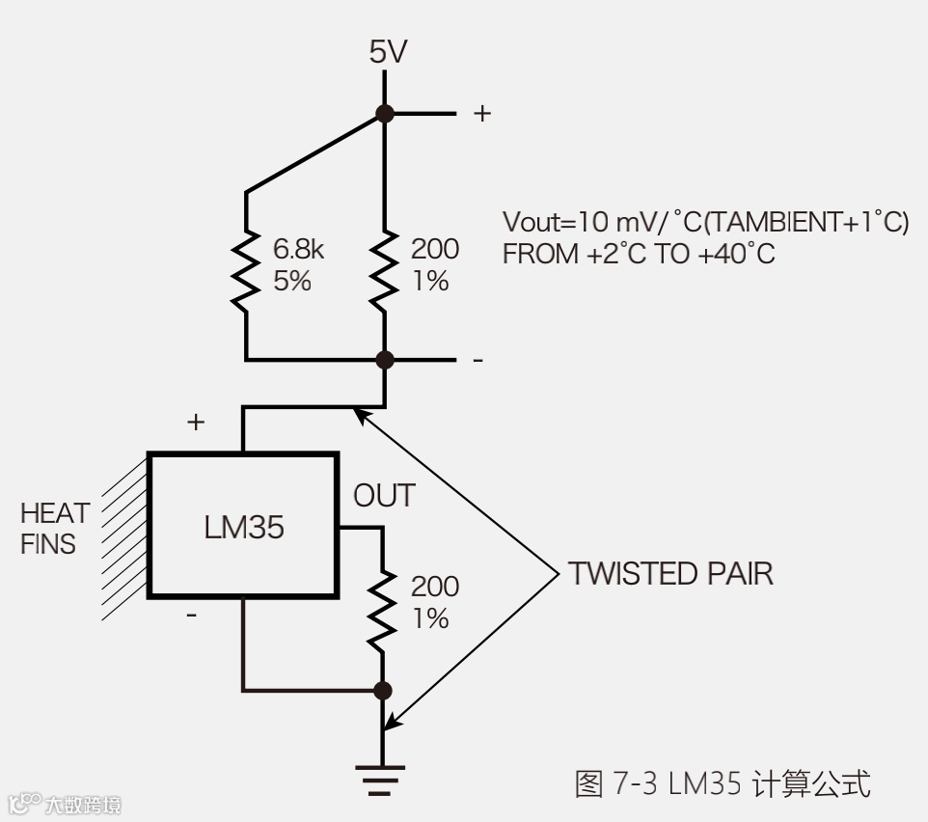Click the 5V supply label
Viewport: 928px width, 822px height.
click(x=388, y=52)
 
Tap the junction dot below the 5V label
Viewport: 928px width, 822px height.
click(x=385, y=114)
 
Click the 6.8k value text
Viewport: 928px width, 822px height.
click(x=299, y=250)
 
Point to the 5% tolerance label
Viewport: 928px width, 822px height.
click(x=292, y=282)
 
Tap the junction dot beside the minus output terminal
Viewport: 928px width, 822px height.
click(x=385, y=360)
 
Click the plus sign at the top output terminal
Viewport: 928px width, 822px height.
click(x=481, y=114)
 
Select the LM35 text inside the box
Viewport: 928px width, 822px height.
click(x=244, y=527)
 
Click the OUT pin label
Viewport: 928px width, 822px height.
click(x=384, y=496)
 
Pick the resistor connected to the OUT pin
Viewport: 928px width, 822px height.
click(x=383, y=608)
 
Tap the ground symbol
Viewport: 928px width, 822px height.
click(x=382, y=779)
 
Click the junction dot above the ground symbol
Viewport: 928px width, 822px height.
click(x=383, y=690)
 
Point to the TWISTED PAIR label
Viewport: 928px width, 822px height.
click(x=670, y=573)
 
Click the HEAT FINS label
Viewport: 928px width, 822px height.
click(x=55, y=528)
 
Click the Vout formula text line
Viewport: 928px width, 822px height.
click(x=705, y=222)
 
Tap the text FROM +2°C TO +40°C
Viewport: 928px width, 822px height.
click(x=639, y=255)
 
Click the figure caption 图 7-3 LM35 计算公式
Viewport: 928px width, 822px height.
click(x=722, y=783)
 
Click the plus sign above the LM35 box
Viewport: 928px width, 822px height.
click(x=196, y=422)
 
